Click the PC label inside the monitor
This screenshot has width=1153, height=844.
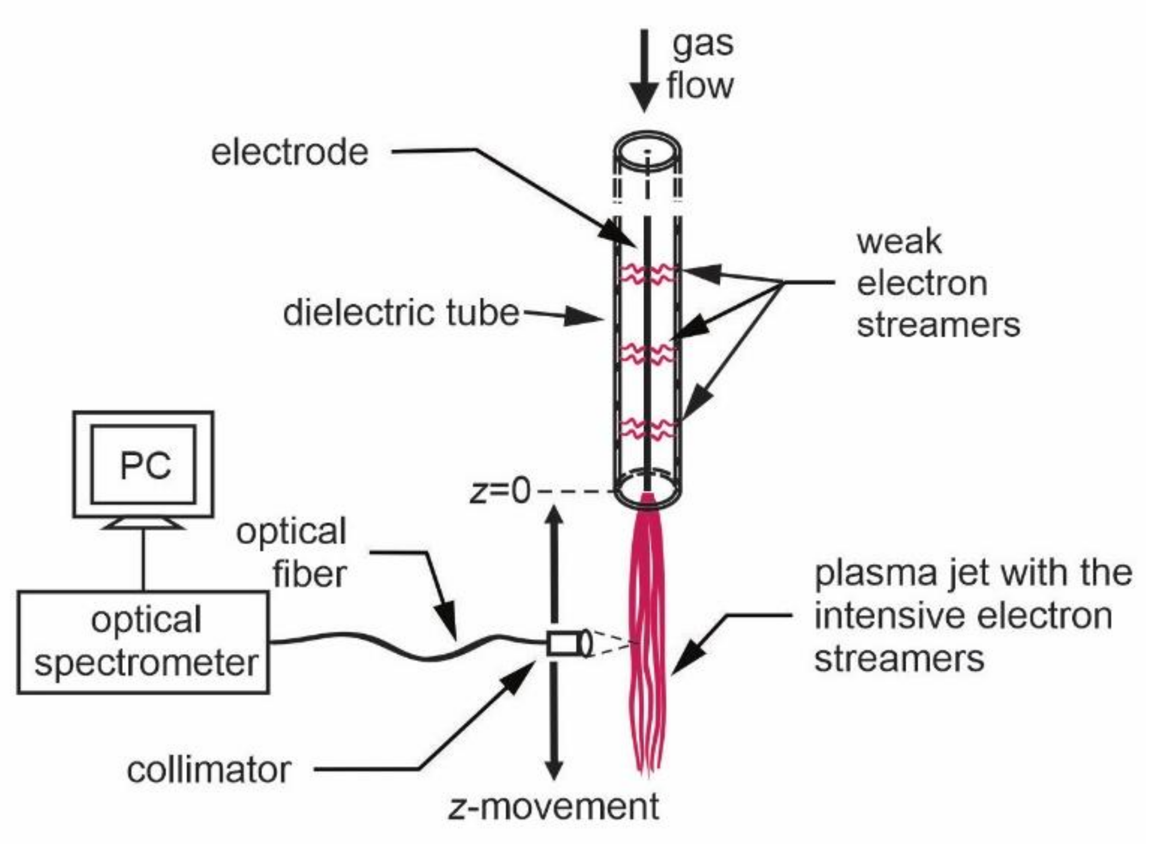pos(144,465)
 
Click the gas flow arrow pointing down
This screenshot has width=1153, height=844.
pos(644,72)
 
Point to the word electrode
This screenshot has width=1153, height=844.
pos(290,153)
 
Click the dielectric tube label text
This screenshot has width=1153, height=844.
pos(401,313)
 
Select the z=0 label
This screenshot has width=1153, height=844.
pos(500,491)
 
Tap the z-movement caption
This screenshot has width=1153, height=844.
pos(554,807)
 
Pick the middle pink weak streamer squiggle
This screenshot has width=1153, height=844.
pos(648,353)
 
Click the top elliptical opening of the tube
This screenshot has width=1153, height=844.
pos(648,150)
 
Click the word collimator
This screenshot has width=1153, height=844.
pos(209,770)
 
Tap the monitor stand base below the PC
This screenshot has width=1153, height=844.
pos(144,524)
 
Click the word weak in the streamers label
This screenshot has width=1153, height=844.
pos(899,242)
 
